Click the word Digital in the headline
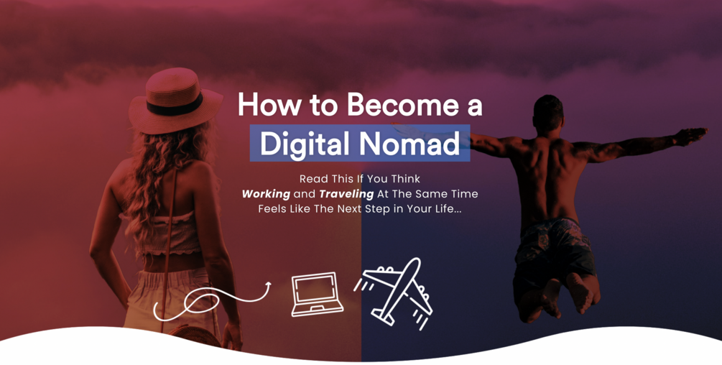tap(304, 144)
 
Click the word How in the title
tap(269, 104)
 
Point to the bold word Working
tap(266, 194)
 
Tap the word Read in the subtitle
tap(313, 179)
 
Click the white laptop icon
tap(318, 295)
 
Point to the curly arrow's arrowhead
tap(267, 286)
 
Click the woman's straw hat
tap(175, 101)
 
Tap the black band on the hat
tap(175, 107)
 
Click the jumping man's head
tap(548, 114)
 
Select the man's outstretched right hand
tap(693, 135)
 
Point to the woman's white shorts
tap(170, 295)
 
